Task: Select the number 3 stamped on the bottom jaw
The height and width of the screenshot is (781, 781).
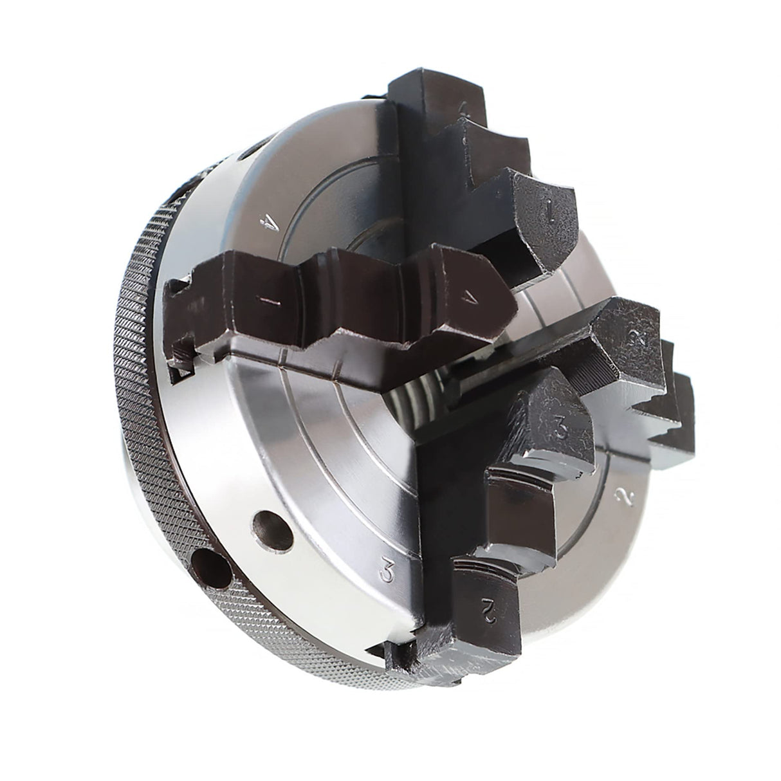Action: coord(561,428)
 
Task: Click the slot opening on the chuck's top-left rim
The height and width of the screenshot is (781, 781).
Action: coord(251,151)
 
